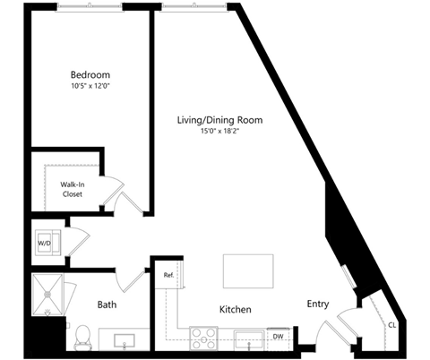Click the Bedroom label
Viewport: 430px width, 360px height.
(90, 74)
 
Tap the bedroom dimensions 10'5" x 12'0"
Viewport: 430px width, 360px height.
(90, 86)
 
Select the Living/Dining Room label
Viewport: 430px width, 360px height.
(220, 120)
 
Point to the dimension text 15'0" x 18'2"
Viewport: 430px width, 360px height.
(220, 131)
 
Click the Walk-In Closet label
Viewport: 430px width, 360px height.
(73, 189)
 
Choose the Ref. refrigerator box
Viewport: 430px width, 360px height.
(168, 275)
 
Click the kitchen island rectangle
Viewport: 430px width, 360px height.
(248, 271)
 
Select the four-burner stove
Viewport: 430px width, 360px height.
(203, 339)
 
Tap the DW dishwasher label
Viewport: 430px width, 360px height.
(278, 337)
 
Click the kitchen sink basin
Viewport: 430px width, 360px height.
(249, 340)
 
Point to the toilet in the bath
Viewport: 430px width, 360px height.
(83, 338)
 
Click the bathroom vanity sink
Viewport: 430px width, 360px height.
(125, 341)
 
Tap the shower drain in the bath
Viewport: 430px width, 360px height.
(47, 295)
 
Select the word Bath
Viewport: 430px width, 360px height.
(107, 304)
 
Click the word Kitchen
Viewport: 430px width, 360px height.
(236, 309)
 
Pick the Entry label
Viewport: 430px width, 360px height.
(318, 304)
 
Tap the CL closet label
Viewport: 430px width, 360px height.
(392, 325)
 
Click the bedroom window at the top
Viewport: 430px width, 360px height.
(90, 6)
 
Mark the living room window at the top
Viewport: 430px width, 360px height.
(193, 6)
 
